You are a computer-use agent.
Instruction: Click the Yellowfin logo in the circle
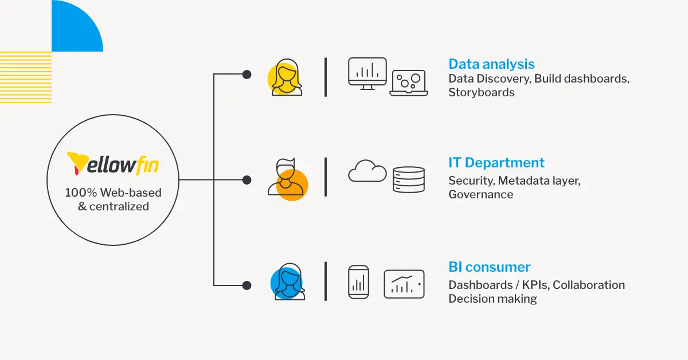click(x=113, y=163)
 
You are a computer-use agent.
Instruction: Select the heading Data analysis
click(x=491, y=64)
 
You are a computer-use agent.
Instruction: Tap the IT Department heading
click(x=497, y=163)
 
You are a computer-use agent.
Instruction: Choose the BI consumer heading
click(x=489, y=267)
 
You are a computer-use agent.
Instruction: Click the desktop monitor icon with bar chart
click(x=368, y=73)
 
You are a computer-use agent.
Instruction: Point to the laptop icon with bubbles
click(x=409, y=83)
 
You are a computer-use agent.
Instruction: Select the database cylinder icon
click(x=409, y=179)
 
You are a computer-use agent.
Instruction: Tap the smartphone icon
click(x=359, y=281)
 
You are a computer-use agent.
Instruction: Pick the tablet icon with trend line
click(x=404, y=284)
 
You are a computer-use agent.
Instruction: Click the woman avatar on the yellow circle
click(x=286, y=79)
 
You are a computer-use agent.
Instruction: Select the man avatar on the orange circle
click(x=287, y=178)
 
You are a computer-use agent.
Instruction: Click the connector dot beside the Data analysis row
click(x=247, y=75)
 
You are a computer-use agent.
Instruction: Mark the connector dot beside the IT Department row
click(x=247, y=180)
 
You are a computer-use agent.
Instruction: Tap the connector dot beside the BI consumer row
click(x=247, y=285)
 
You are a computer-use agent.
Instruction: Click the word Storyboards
click(x=481, y=92)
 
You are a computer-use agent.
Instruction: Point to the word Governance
click(x=480, y=194)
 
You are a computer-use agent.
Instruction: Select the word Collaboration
click(x=588, y=285)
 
